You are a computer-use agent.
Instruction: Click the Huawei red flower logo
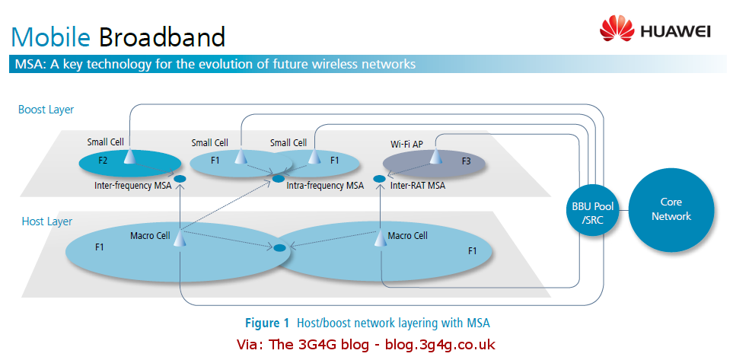[617, 30]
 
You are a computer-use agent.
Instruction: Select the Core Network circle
[671, 209]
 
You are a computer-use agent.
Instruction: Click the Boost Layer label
[46, 110]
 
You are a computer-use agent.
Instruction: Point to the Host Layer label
[46, 221]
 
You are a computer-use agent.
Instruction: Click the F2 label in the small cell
[104, 161]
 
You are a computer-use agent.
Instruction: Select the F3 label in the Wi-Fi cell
[466, 161]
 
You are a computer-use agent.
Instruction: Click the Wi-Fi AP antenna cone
[435, 156]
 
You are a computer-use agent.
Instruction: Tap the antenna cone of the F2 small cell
[129, 156]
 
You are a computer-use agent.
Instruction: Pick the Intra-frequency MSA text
[325, 185]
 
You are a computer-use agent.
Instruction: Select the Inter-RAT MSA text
[417, 185]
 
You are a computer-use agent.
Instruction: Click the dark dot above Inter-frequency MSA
[180, 180]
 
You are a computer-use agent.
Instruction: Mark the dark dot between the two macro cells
[279, 247]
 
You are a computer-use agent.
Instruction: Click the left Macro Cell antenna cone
[180, 238]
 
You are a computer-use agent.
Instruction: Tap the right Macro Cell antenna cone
[380, 238]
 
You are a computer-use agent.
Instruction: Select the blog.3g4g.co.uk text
[431, 343]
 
